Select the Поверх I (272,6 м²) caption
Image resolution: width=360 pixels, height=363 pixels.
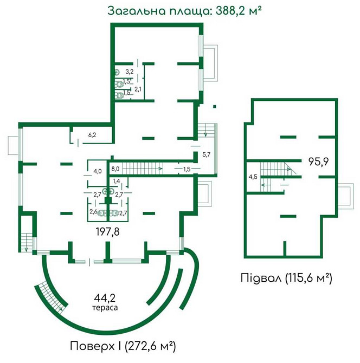tap(123, 345)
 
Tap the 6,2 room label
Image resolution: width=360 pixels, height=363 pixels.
tap(92, 135)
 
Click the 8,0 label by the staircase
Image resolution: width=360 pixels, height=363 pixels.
tap(115, 169)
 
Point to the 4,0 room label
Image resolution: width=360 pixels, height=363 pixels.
tap(98, 172)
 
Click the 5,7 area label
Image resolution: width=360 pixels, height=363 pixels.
tap(206, 155)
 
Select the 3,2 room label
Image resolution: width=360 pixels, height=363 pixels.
tap(130, 71)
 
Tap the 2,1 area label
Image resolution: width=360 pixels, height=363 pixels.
tap(138, 89)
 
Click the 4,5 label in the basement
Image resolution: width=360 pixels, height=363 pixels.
tap(253, 177)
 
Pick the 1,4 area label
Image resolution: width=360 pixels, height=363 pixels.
tap(117, 181)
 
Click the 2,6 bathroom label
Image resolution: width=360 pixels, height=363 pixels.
tap(93, 212)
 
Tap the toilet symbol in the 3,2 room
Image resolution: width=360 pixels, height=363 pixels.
tap(117, 72)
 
